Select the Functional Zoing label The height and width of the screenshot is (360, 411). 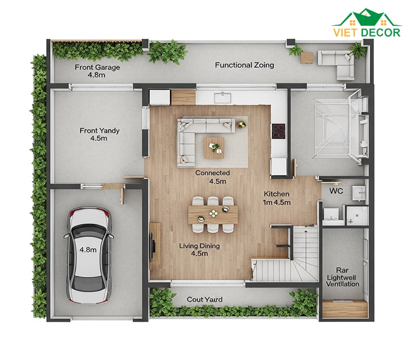point(245,65)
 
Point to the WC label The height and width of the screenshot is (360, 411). point(336,191)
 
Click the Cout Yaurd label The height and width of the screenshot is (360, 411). point(204,299)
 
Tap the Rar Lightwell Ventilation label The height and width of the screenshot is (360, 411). point(342,277)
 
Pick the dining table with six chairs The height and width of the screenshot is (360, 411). point(213,214)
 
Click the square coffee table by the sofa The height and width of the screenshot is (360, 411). point(214,148)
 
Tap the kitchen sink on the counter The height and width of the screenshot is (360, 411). point(222,98)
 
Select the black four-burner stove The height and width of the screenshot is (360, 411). point(278,131)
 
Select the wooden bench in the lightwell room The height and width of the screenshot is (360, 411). point(345,309)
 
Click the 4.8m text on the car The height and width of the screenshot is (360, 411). point(88,249)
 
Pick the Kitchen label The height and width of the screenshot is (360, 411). point(276,194)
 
